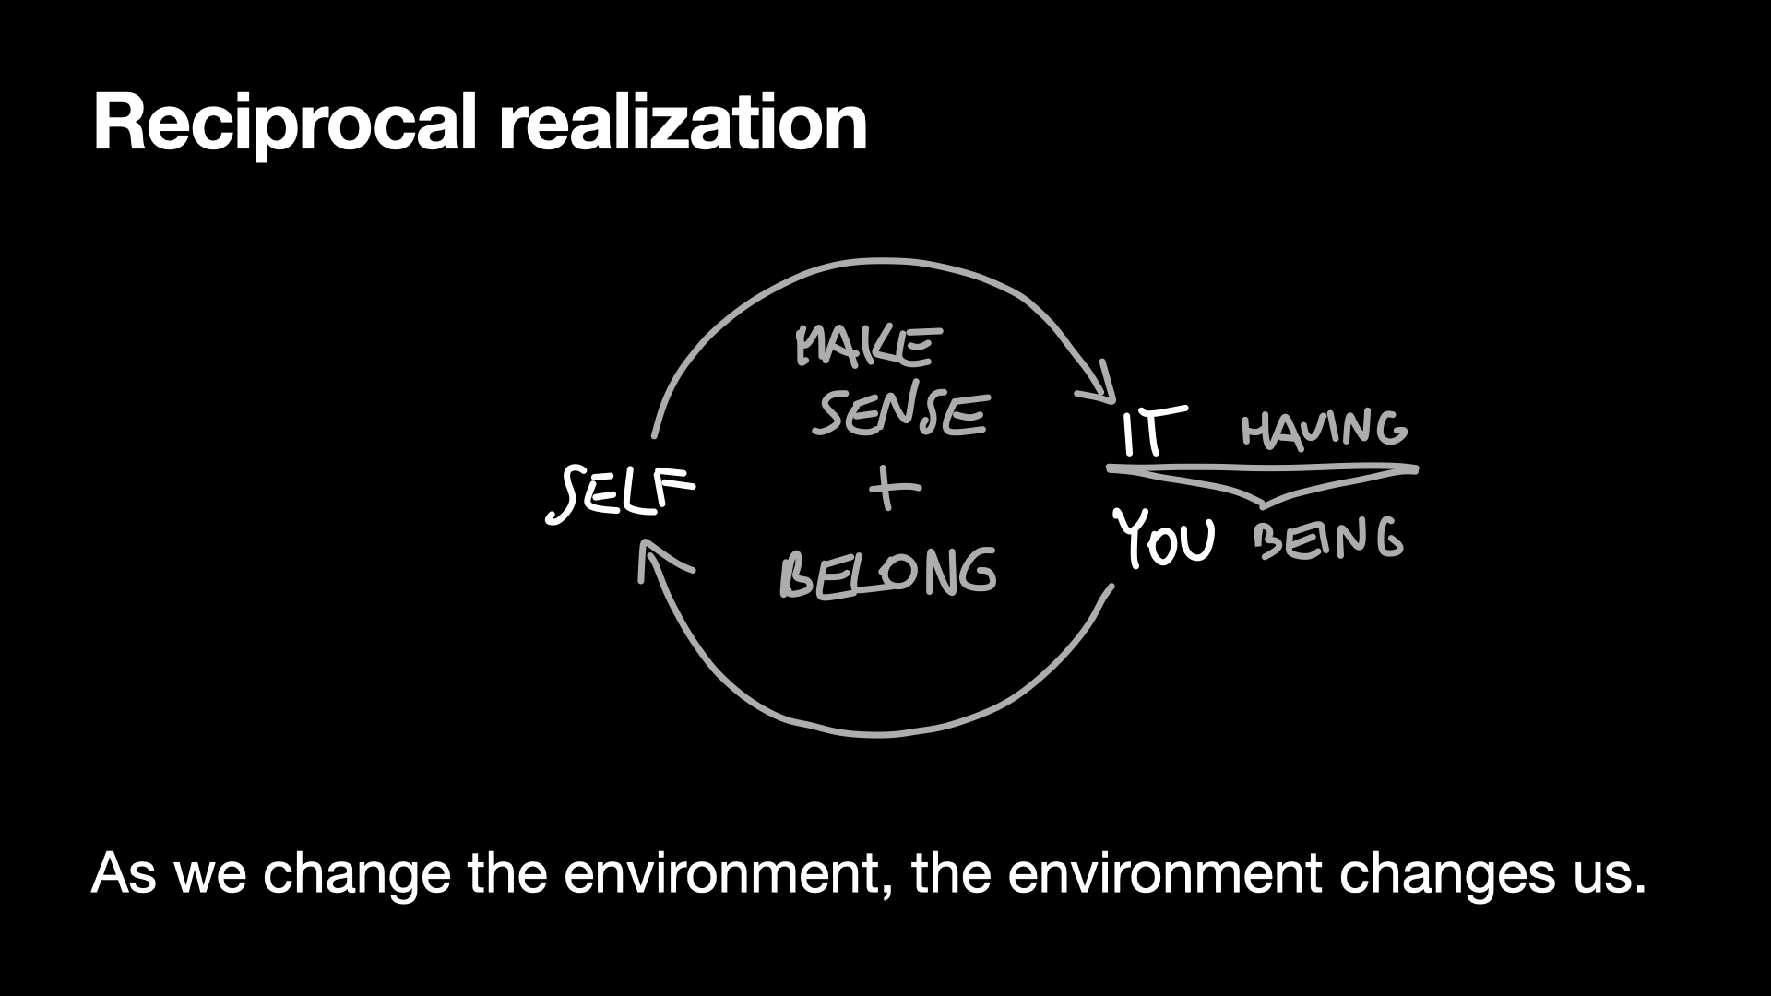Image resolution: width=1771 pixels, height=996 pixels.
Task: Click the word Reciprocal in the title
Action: [284, 123]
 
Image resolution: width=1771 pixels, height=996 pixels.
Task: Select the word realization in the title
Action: [683, 123]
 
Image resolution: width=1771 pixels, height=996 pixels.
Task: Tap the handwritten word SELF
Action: [620, 492]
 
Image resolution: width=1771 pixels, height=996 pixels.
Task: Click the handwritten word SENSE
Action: [900, 414]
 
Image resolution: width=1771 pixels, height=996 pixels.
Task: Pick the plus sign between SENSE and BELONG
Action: [892, 489]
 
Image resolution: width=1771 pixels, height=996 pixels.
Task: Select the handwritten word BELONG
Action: [887, 573]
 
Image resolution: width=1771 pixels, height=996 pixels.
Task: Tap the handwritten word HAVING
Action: [1324, 429]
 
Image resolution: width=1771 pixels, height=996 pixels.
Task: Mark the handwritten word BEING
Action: [1328, 539]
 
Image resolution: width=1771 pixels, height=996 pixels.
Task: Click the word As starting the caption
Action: [124, 872]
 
